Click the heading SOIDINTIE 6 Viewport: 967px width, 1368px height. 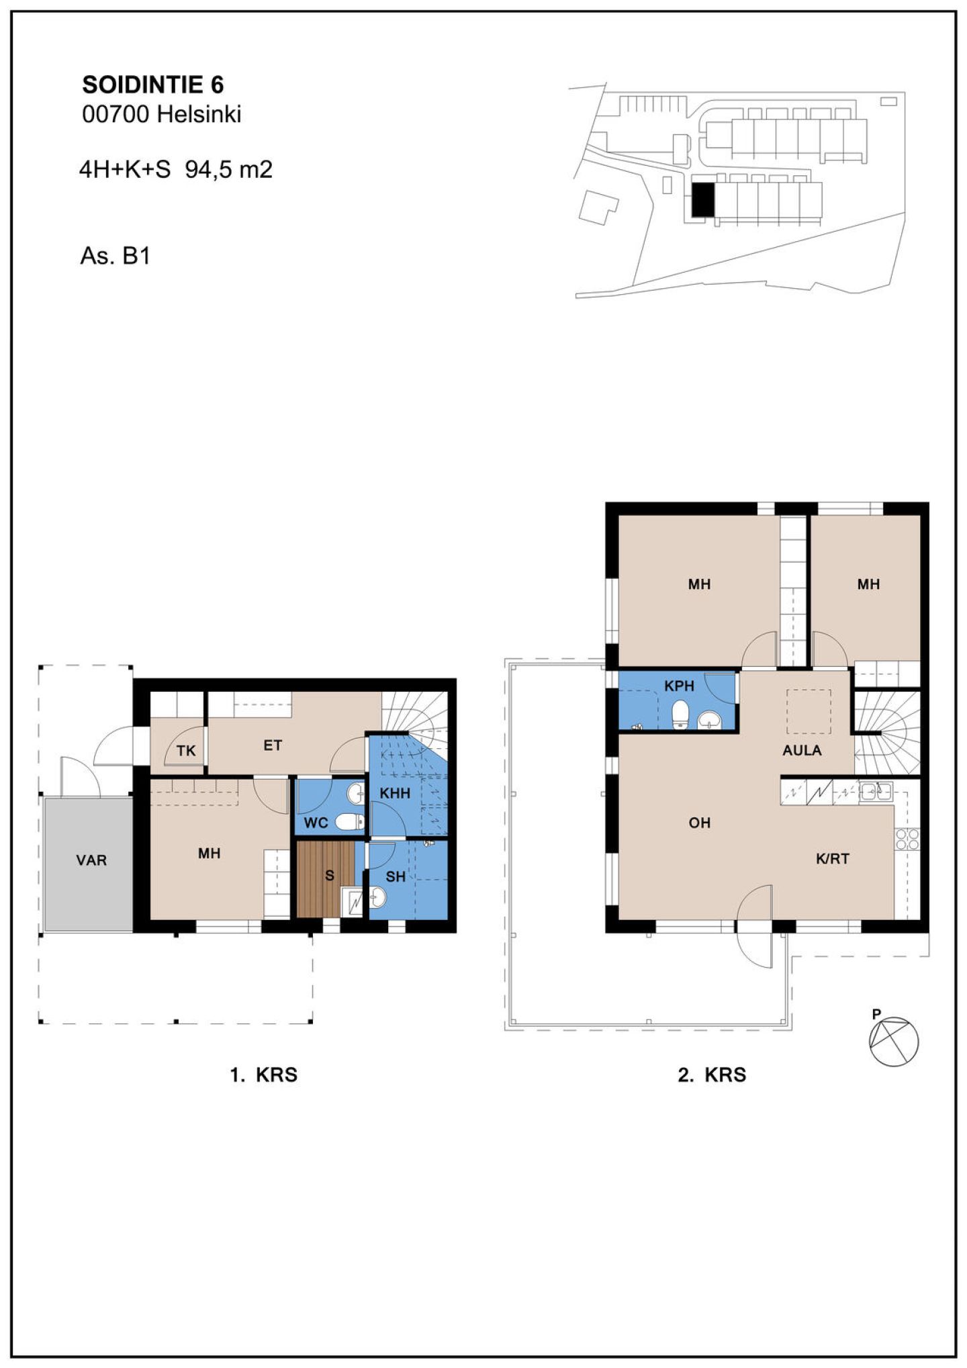[152, 85]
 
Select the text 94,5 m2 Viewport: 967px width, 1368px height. [229, 169]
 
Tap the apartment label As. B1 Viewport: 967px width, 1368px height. [115, 256]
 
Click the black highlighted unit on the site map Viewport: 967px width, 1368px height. [703, 199]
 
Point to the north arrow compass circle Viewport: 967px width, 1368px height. [894, 1041]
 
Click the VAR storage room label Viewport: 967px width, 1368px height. [91, 860]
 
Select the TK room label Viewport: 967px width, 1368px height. [186, 751]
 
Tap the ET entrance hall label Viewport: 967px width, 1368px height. [273, 745]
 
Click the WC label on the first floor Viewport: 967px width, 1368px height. [316, 823]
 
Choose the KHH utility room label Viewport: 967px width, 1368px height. [395, 793]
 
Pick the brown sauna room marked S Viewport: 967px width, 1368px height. [326, 879]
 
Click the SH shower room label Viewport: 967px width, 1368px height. [396, 876]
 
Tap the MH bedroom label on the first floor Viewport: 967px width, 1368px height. [210, 853]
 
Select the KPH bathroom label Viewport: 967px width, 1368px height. [679, 686]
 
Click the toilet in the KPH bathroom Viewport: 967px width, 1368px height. [681, 714]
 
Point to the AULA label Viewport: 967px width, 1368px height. [802, 750]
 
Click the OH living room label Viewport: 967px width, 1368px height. [700, 823]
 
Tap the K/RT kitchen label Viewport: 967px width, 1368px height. [833, 858]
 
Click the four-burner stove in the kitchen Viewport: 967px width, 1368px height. [907, 839]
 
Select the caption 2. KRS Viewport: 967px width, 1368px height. [712, 1075]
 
